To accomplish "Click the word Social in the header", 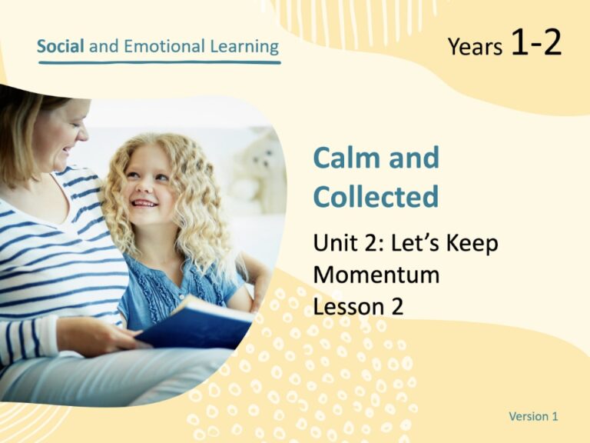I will pos(61,46).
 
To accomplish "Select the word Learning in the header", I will pos(241,47).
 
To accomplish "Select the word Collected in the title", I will pos(376,196).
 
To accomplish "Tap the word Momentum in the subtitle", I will pos(376,275).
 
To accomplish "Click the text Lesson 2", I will pos(358,306).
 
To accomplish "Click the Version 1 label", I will pos(533,416).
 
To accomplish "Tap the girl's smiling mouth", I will pos(145,203).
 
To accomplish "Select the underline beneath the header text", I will pos(159,62).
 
